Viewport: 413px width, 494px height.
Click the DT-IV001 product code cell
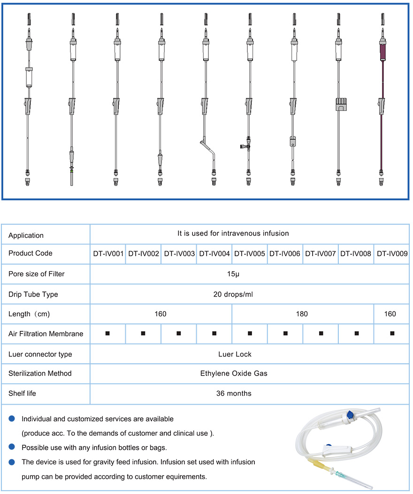tap(108, 253)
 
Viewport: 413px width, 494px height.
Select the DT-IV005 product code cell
tap(250, 253)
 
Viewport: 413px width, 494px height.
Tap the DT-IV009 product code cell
tap(392, 253)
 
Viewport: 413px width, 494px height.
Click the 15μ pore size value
tap(233, 274)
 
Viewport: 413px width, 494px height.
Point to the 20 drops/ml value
tap(233, 294)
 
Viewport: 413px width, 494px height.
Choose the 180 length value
tap(302, 314)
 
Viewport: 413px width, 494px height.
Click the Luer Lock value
tap(233, 354)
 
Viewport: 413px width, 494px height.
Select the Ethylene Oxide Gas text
tap(233, 373)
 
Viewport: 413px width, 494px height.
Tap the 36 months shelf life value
tap(233, 393)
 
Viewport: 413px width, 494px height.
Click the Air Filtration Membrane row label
tap(46, 334)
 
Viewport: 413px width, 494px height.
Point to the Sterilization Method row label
tap(40, 373)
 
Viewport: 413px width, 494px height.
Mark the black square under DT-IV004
tap(214, 333)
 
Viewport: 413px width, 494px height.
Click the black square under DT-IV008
tap(356, 333)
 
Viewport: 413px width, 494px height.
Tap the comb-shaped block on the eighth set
tap(338, 104)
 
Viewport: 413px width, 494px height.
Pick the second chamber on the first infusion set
tap(29, 76)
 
